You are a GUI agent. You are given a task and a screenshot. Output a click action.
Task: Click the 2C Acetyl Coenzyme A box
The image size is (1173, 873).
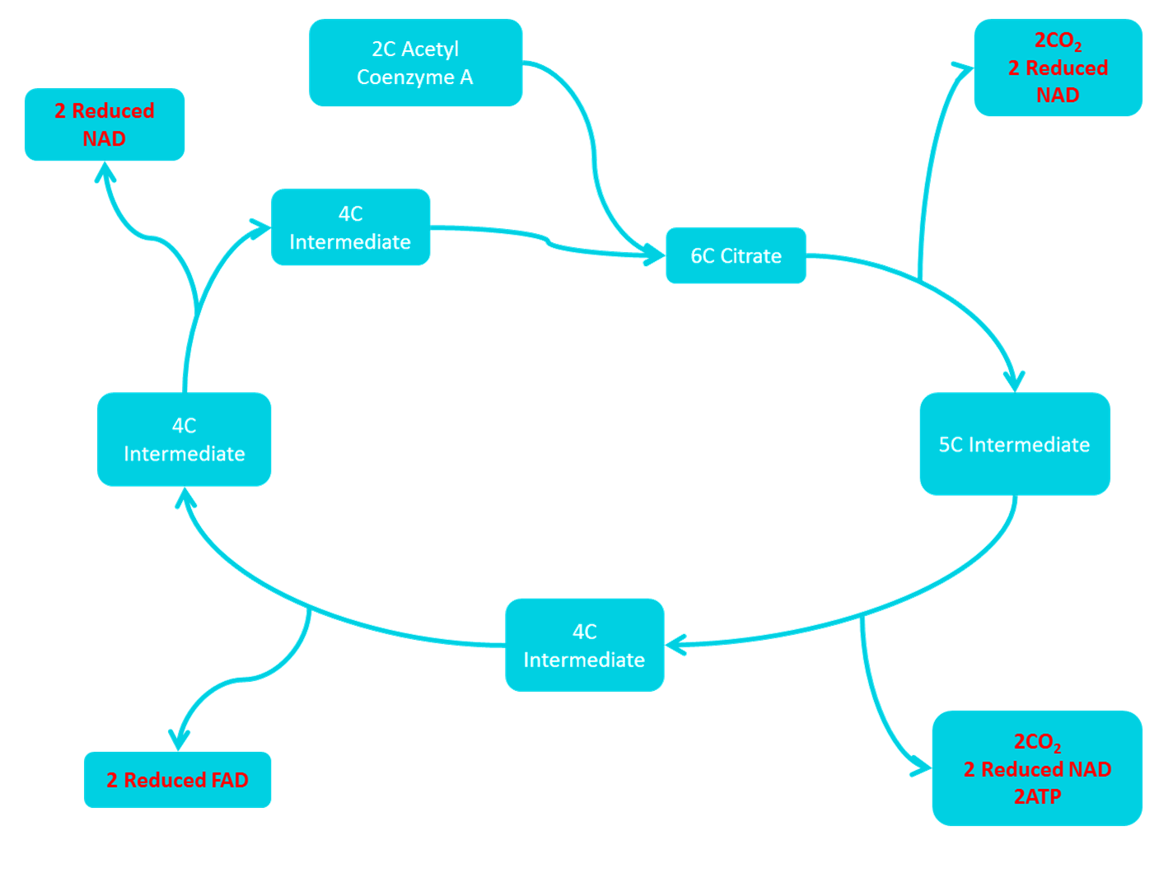[x=415, y=63]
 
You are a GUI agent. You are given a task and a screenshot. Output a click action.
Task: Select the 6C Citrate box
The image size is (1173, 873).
[x=736, y=256]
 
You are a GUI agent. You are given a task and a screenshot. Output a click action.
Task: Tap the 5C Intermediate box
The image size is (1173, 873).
[x=1014, y=444]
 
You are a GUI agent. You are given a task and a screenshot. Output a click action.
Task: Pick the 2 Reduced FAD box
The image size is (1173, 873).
[x=177, y=780]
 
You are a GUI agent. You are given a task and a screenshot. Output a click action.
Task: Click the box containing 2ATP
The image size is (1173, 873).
[x=1037, y=768]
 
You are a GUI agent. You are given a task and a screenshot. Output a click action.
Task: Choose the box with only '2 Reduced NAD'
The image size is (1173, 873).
[x=104, y=124]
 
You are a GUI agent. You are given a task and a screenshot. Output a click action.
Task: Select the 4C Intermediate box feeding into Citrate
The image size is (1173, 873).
[x=350, y=227]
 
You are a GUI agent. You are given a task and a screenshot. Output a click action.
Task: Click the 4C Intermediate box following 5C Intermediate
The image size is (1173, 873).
[x=584, y=645]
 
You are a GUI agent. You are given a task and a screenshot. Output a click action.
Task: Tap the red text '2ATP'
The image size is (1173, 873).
[x=1037, y=796]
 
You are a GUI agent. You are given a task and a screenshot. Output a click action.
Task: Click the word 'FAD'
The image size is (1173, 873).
[x=229, y=780]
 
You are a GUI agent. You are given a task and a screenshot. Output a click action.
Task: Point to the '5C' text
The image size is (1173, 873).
[x=951, y=445]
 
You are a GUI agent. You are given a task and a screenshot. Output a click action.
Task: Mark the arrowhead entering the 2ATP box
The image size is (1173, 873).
[x=923, y=768]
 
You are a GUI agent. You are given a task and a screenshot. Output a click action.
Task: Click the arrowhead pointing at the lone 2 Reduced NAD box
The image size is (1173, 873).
[x=104, y=170]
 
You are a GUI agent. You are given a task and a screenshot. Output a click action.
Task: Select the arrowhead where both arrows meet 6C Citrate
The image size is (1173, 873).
[x=656, y=256]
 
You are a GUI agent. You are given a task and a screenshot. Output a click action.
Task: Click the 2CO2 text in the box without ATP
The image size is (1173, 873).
[x=1058, y=40]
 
